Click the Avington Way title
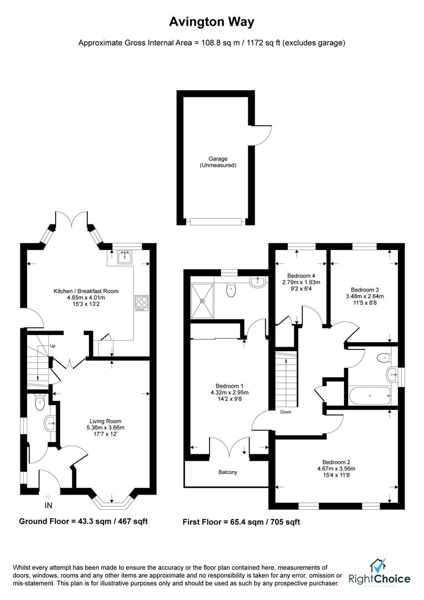(x=212, y=22)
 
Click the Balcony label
(x=227, y=472)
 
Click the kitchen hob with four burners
(x=140, y=303)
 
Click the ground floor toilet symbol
(x=39, y=403)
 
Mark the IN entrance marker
(x=48, y=505)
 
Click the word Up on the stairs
(x=53, y=346)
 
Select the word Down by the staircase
(x=286, y=412)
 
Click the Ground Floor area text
(x=83, y=521)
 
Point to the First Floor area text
(x=241, y=522)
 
